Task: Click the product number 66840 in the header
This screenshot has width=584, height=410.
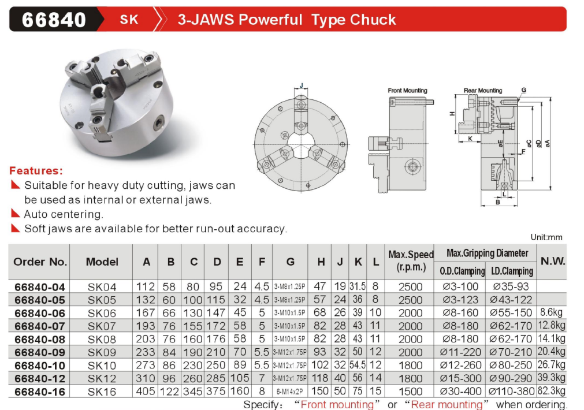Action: point(54,20)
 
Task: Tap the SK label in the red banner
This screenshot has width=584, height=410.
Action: point(129,20)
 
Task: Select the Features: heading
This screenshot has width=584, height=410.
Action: point(36,170)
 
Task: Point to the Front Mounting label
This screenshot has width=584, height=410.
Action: point(407,91)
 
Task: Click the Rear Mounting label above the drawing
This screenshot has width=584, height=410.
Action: point(483,91)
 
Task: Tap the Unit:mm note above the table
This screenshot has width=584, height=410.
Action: point(546,237)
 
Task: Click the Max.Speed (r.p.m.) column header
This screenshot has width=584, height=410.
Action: point(411,261)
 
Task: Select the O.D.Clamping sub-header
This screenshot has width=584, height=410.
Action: point(462,271)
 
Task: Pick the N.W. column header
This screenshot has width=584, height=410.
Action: point(553,262)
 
